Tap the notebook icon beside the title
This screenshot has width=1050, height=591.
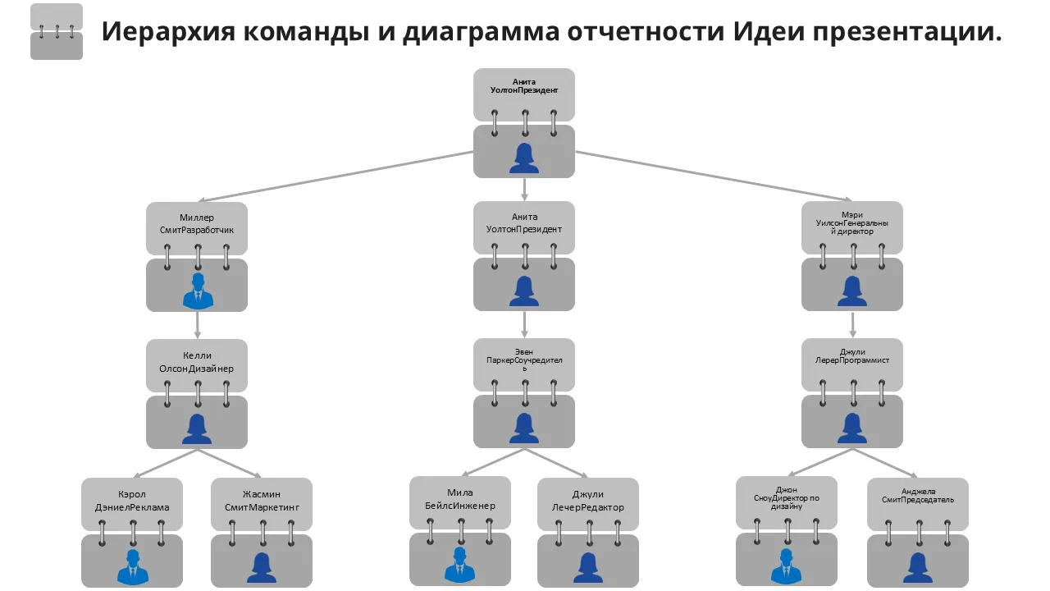pyautogui.click(x=57, y=32)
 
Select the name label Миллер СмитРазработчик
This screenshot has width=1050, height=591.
pyautogui.click(x=197, y=224)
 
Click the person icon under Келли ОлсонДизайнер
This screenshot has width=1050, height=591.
pyautogui.click(x=197, y=428)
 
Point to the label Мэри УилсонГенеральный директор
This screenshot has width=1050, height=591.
pyautogui.click(x=852, y=223)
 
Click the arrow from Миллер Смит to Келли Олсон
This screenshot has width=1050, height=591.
pyautogui.click(x=197, y=325)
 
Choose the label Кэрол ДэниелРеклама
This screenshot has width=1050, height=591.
pyautogui.click(x=131, y=501)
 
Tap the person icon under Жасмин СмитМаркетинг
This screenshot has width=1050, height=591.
pyautogui.click(x=261, y=566)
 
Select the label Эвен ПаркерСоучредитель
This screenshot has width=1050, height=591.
pyautogui.click(x=524, y=360)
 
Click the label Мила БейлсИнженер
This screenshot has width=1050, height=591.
pyautogui.click(x=459, y=499)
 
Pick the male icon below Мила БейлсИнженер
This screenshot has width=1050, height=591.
pyautogui.click(x=459, y=565)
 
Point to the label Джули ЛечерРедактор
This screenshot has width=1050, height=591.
pyautogui.click(x=588, y=501)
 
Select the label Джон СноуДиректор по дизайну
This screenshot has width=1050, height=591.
pyautogui.click(x=786, y=498)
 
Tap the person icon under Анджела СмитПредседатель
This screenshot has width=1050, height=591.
pyautogui.click(x=917, y=566)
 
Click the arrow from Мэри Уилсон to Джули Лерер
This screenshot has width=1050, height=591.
pyautogui.click(x=852, y=324)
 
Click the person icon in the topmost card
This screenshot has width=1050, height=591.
pyautogui.click(x=524, y=158)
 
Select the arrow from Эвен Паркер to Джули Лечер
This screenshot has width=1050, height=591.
pyautogui.click(x=558, y=463)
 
